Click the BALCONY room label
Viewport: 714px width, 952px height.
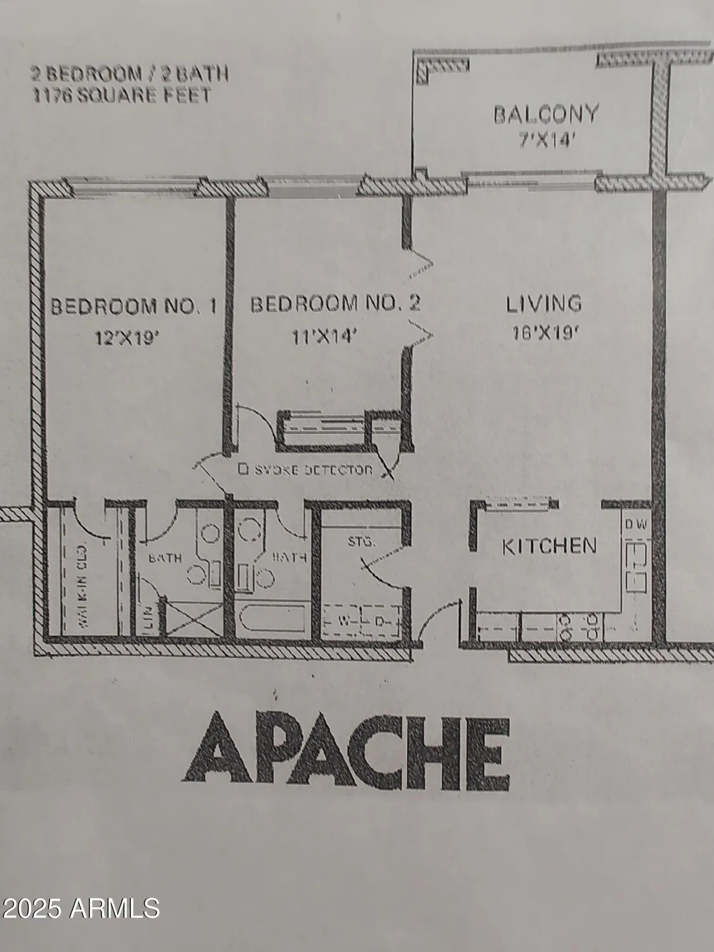point(546,114)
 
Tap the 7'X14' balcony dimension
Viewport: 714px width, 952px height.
point(547,140)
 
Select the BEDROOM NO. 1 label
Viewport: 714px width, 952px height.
point(133,307)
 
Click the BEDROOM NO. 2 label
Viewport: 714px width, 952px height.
point(336,304)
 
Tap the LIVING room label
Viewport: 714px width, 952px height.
point(544,303)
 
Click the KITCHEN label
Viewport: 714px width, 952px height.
point(550,546)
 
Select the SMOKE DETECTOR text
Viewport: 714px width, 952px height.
point(305,470)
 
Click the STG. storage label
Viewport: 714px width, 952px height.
point(362,543)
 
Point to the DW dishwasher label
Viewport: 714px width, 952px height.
point(635,525)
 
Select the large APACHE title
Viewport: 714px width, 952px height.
point(347,747)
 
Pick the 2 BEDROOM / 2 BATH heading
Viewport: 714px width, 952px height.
point(129,74)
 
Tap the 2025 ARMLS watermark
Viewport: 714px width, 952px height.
point(80,907)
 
